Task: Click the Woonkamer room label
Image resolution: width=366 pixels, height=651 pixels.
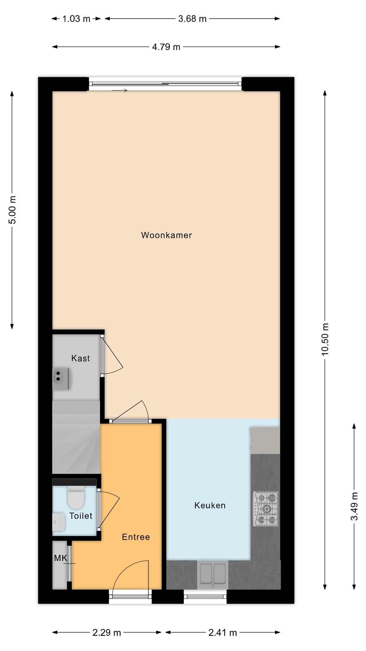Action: (166, 235)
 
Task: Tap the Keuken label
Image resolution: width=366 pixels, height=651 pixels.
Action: (210, 505)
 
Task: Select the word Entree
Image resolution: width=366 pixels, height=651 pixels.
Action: (136, 537)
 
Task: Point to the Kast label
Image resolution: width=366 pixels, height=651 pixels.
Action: (80, 358)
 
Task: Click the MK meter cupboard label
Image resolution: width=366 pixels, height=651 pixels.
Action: (60, 558)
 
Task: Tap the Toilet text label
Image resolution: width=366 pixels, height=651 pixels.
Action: (81, 516)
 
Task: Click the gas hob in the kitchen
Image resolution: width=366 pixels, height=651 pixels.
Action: (266, 509)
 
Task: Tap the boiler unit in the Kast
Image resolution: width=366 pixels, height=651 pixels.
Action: (60, 379)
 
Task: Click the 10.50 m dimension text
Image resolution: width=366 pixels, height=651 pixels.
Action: (325, 339)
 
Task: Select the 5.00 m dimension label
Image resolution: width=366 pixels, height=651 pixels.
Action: (12, 210)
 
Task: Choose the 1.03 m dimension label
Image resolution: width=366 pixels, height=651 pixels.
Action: (76, 19)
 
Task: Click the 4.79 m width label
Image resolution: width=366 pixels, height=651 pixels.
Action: (166, 47)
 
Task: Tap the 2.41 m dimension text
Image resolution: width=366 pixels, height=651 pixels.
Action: (223, 633)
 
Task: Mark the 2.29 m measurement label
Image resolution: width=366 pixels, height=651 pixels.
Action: (107, 633)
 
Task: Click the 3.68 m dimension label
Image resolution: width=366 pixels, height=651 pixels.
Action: (192, 19)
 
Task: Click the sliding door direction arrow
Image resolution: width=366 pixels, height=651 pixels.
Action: (119, 91)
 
